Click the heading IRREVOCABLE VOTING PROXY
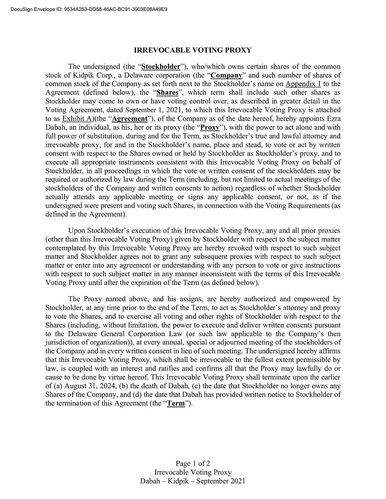193,50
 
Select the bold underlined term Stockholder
161,67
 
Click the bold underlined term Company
226,75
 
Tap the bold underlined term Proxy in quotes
210,127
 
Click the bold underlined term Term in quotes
176,403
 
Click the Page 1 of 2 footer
193,464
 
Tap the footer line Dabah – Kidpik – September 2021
193,481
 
